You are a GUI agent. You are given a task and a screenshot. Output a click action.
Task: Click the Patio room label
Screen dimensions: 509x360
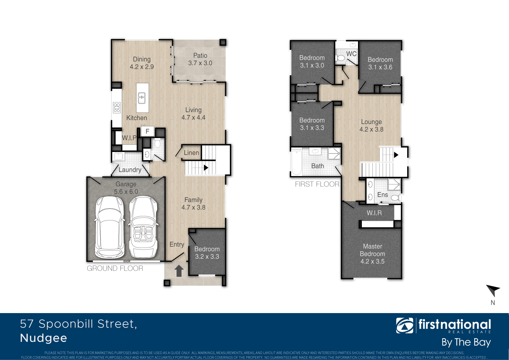pyautogui.click(x=200, y=55)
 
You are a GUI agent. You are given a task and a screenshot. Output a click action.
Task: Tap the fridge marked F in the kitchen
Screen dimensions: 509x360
pyautogui.click(x=147, y=131)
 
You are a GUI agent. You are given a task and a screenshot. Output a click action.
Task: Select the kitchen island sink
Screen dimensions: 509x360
pyautogui.click(x=142, y=98)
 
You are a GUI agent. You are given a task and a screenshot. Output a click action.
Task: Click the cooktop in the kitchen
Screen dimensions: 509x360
pyautogui.click(x=117, y=107)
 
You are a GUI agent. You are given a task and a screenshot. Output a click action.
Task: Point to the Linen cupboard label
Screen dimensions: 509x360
pyautogui.click(x=191, y=153)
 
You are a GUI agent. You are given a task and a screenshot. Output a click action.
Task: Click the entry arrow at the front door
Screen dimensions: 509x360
pyautogui.click(x=179, y=271)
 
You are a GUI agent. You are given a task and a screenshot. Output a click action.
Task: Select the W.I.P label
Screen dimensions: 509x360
pyautogui.click(x=129, y=138)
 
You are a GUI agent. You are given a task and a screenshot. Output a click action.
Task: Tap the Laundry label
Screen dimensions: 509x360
pyautogui.click(x=130, y=170)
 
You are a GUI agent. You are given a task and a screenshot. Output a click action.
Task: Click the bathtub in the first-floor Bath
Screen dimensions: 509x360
pyautogui.click(x=296, y=163)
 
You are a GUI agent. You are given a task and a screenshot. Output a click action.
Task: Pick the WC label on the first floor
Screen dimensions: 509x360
pyautogui.click(x=351, y=54)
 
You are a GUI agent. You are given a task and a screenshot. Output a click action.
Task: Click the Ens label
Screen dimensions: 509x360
pyautogui.click(x=382, y=195)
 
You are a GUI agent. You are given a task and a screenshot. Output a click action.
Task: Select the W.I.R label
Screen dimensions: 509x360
pyautogui.click(x=374, y=213)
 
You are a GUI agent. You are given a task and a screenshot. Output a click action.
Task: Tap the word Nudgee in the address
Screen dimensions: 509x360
pyautogui.click(x=44, y=338)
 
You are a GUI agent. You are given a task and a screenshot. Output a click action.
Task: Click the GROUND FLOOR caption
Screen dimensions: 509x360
pyautogui.click(x=115, y=268)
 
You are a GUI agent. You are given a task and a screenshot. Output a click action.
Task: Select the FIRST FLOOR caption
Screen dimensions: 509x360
pyautogui.click(x=317, y=184)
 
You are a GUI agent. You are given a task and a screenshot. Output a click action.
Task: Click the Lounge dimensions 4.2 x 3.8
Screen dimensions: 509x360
pyautogui.click(x=371, y=129)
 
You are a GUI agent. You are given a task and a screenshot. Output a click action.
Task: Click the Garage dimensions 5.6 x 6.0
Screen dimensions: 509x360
pyautogui.click(x=126, y=192)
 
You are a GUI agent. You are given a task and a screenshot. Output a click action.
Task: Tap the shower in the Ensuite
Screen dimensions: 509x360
pyautogui.click(x=394, y=184)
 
